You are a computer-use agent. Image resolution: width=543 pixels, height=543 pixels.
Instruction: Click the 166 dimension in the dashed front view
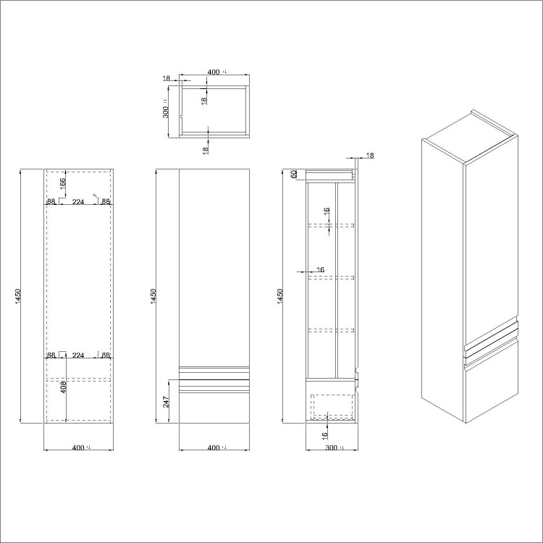[x=62, y=183]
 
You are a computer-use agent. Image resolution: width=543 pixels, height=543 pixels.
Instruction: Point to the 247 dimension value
[x=167, y=402]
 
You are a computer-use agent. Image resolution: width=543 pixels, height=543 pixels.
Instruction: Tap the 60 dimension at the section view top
[x=294, y=174]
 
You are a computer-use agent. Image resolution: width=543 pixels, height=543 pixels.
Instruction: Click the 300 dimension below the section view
[x=332, y=449]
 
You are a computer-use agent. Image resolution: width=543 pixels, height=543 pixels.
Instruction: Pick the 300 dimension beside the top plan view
[x=166, y=111]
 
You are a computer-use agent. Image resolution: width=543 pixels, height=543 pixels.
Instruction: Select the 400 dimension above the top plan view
[x=214, y=72]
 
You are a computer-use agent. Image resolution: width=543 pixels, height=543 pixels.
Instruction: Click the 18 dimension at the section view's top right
[x=370, y=156]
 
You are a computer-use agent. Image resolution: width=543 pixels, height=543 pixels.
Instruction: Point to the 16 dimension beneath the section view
[x=327, y=434]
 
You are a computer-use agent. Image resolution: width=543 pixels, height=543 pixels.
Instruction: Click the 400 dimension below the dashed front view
[x=79, y=449]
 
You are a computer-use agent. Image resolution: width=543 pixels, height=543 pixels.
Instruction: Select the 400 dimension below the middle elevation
[x=214, y=449]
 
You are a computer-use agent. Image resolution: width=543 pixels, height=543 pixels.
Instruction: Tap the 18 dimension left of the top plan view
[x=167, y=77]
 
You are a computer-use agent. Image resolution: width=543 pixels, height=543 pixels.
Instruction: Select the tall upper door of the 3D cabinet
[x=492, y=239]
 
